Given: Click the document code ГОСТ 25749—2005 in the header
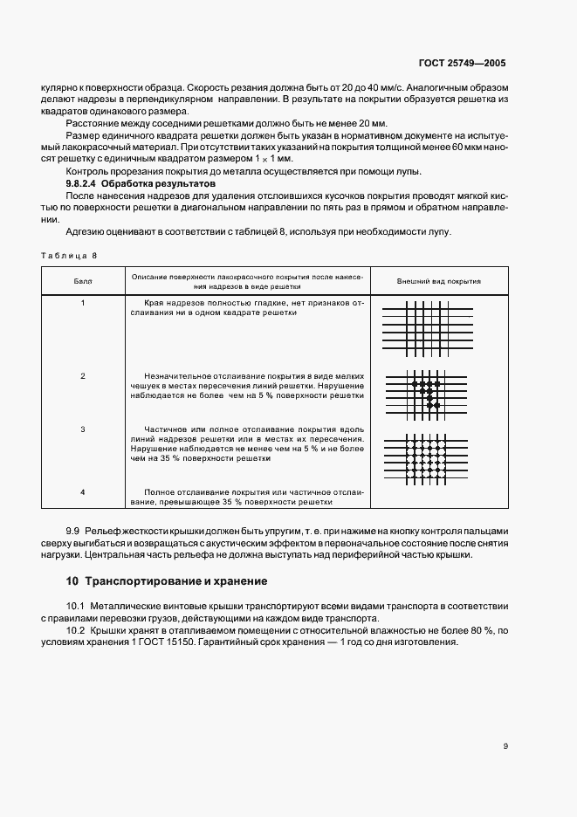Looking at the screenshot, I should tap(462, 63).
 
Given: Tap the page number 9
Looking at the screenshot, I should tap(505, 745).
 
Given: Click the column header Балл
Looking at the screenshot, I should tap(83, 282).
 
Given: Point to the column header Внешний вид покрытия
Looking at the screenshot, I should tap(439, 282).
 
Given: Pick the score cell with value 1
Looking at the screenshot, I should tap(83, 303).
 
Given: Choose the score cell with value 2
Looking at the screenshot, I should tap(83, 375).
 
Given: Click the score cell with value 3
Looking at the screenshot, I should tap(83, 429).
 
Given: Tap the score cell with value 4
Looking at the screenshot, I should tap(83, 492).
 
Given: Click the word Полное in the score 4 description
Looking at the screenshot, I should tap(162, 492).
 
